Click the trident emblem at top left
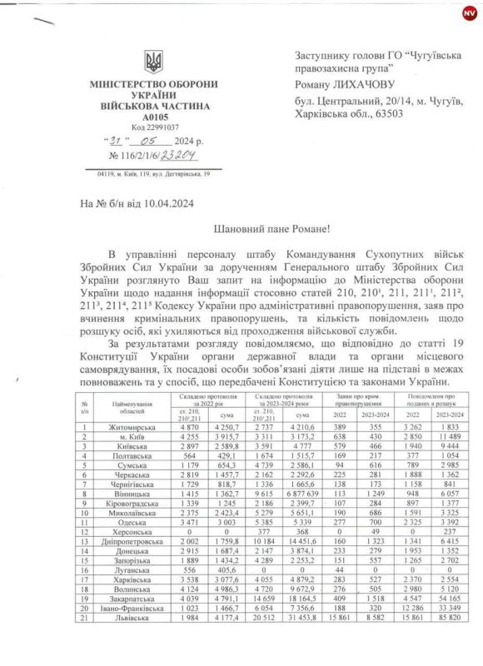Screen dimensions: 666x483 coord(153,62)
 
